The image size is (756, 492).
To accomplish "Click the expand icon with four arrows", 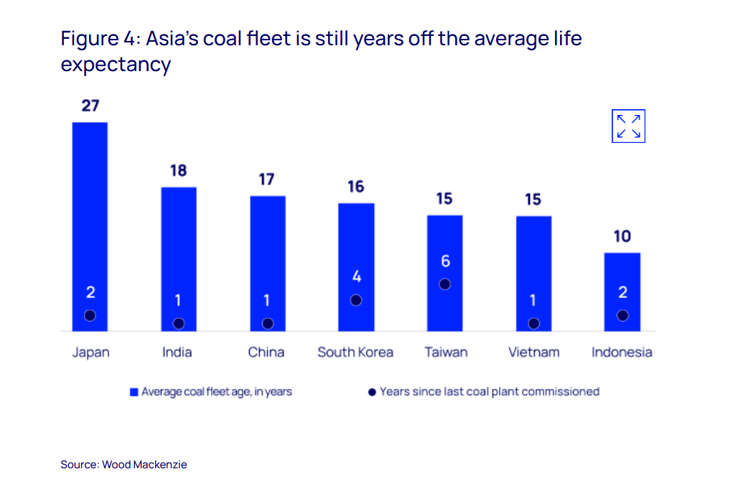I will pos(628,126).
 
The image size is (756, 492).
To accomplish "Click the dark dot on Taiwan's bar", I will pos(444,284).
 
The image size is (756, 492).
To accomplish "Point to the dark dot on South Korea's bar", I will pos(356,300).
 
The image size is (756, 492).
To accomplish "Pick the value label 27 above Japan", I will pos(90,106).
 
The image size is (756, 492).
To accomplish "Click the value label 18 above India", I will pos(178,170).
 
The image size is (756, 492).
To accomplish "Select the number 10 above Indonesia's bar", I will pos(622,236).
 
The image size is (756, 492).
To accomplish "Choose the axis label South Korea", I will pos(355,352).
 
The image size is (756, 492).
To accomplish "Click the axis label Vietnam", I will pos(533,352).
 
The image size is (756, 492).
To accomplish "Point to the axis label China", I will pos(266,352).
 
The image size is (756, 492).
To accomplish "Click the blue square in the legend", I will pos(134,392).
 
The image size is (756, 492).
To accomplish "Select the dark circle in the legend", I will pos(372,392).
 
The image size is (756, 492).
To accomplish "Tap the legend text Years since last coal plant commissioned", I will pos(489,391).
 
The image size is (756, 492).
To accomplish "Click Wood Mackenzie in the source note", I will pos(144,465).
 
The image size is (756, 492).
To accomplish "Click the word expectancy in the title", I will pos(116,65).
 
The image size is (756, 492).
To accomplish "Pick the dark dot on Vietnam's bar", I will pos(533,323).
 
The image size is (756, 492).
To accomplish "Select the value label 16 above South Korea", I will pos(355,187).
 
